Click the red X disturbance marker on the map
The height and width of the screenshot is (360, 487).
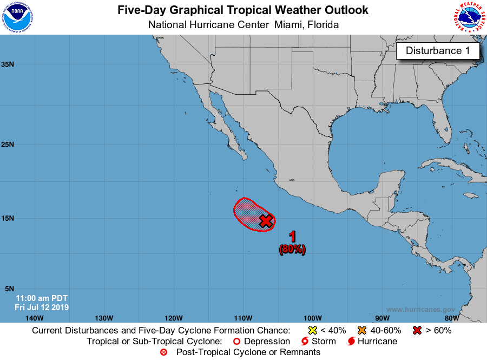coord(266,221)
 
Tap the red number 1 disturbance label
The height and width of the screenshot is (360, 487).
coord(293,237)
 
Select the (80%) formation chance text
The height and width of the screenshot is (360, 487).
coord(293,250)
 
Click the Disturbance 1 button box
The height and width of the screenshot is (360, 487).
coord(438,51)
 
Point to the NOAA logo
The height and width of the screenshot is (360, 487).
coord(16,17)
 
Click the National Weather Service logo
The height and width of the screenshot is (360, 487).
coord(469,17)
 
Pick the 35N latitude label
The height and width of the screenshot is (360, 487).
coord(8,64)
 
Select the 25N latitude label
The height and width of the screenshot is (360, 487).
coord(8,145)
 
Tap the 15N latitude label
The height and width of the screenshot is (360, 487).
coord(8,218)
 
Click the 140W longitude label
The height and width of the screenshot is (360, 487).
coord(34,318)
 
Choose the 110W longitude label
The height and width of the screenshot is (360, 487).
coord(243,318)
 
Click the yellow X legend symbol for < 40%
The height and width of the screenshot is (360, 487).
coord(312,330)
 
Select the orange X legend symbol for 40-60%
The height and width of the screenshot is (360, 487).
coord(362,330)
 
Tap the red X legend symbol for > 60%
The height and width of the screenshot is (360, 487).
coord(417,330)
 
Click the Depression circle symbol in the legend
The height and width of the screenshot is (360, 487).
coord(236,342)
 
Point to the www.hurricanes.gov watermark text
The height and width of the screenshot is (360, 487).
coord(420,310)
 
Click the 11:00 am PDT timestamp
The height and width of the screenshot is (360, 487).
coord(41,298)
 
